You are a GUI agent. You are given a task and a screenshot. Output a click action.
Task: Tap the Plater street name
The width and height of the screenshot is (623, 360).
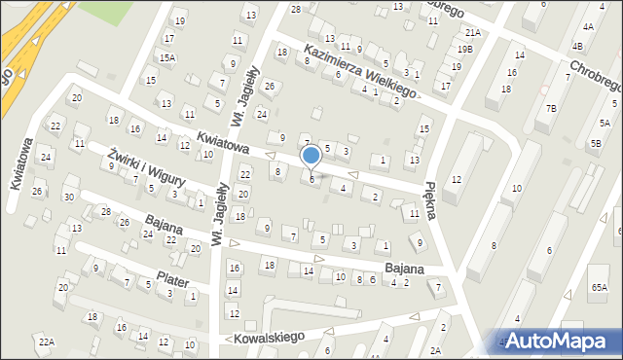[x=173, y=279]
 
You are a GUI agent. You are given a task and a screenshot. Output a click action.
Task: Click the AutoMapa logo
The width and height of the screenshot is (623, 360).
[x=557, y=342]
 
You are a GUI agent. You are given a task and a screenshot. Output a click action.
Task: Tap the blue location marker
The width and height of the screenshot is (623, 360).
[x=311, y=156]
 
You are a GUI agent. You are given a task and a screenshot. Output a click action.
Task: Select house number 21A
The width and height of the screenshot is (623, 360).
[x=472, y=33]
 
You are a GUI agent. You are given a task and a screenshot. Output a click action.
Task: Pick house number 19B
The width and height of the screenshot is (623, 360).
[x=466, y=49]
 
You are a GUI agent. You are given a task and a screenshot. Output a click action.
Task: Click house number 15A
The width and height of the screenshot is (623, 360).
[x=167, y=58]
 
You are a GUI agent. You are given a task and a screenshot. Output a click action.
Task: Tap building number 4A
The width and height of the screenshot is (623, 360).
[x=589, y=26]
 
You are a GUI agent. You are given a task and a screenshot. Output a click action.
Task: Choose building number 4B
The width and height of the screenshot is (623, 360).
[x=577, y=46]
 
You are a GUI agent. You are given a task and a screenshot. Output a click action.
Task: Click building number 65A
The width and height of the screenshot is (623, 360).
[x=599, y=288]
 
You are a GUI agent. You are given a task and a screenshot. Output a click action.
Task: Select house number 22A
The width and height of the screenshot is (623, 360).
[x=46, y=342]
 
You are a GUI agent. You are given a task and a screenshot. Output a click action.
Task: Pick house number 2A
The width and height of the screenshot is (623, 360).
[x=436, y=350]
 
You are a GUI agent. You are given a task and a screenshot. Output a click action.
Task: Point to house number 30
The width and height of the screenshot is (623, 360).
[x=68, y=198]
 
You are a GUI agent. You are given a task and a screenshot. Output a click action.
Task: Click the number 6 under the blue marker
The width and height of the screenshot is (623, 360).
[x=311, y=179]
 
